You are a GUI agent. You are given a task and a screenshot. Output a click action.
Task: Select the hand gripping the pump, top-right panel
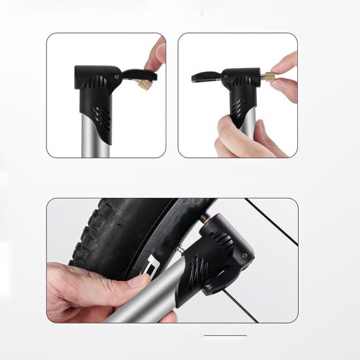point(242,137)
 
